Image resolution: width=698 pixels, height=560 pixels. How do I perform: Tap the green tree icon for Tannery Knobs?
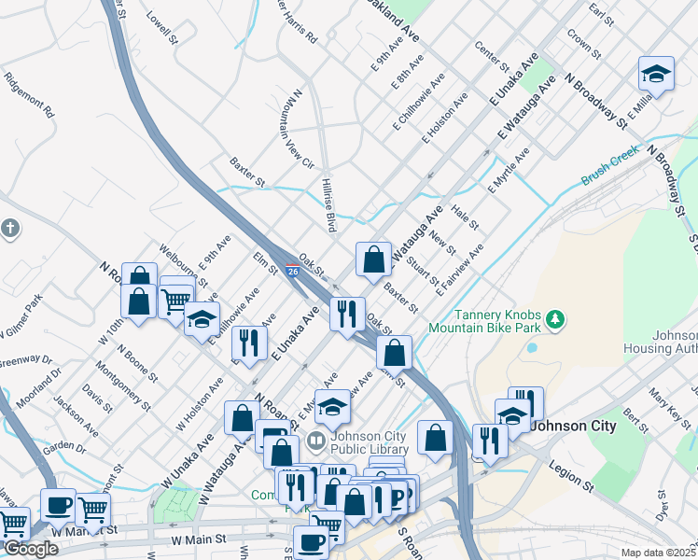point(556,320)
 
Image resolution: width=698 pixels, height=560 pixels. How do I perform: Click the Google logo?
point(31,548)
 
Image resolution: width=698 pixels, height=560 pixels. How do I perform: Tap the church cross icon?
point(9,229)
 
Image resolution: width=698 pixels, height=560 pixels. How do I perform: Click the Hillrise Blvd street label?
point(329,204)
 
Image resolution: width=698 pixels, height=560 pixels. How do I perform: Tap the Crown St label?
point(583,42)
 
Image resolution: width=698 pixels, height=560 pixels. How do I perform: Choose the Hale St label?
point(465,218)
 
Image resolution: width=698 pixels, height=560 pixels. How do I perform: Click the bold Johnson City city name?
point(573,426)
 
